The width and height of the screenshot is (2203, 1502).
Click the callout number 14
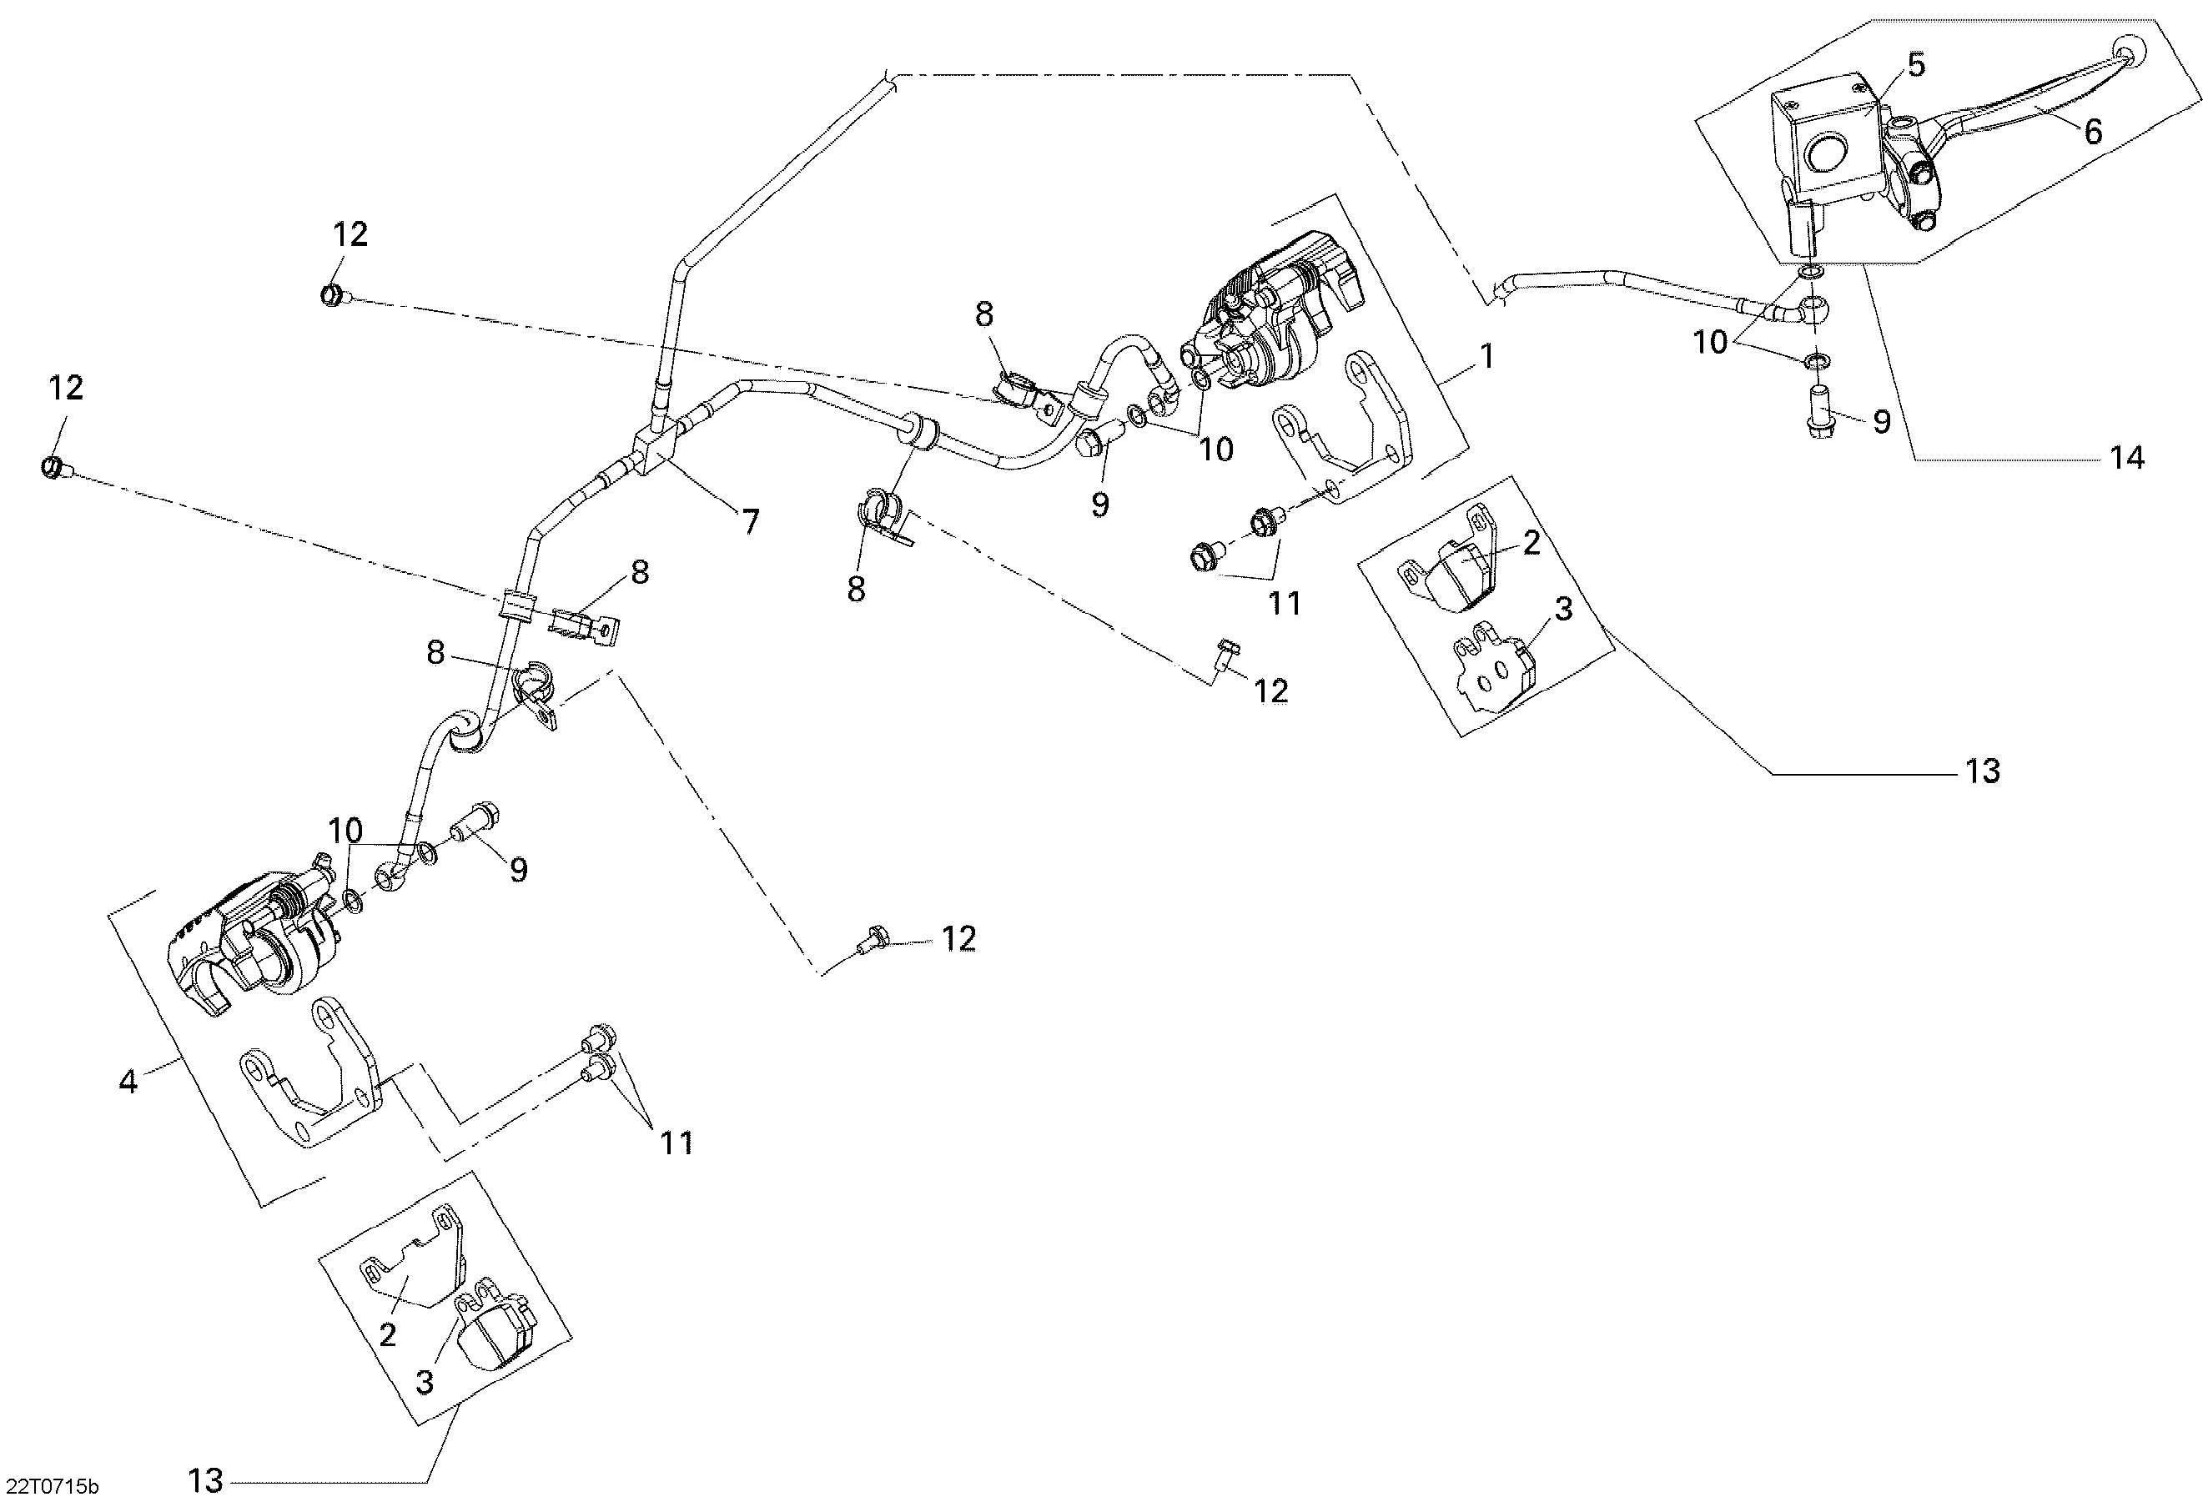tap(2127, 458)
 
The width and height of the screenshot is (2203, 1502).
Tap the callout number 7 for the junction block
tap(751, 521)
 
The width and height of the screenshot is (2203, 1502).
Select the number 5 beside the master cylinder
tap(1916, 65)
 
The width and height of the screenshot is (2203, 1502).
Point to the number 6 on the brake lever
tap(2093, 131)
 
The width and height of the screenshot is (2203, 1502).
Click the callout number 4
tap(128, 1081)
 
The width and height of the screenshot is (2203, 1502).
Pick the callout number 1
tap(1487, 356)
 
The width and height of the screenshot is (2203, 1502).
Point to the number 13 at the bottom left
tap(206, 1480)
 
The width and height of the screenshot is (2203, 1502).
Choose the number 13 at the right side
tap(1983, 771)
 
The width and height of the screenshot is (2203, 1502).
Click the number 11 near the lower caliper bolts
tap(676, 1143)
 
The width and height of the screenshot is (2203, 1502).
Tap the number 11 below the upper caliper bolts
tap(1285, 603)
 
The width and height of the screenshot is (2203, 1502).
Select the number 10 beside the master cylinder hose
tap(1711, 342)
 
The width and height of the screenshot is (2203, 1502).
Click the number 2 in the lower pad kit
tap(387, 1334)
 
